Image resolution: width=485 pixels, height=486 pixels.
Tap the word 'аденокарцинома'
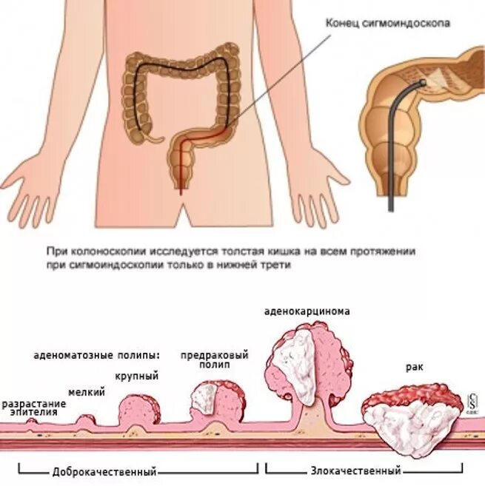[x=307, y=311]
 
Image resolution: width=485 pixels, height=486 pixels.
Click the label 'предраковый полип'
[x=214, y=360]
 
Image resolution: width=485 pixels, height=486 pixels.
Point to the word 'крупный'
[x=138, y=377]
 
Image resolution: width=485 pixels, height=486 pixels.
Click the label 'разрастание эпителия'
[x=33, y=408]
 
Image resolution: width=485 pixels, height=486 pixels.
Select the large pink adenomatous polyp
[x=138, y=408]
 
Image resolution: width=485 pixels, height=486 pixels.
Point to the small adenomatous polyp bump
[x=87, y=419]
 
